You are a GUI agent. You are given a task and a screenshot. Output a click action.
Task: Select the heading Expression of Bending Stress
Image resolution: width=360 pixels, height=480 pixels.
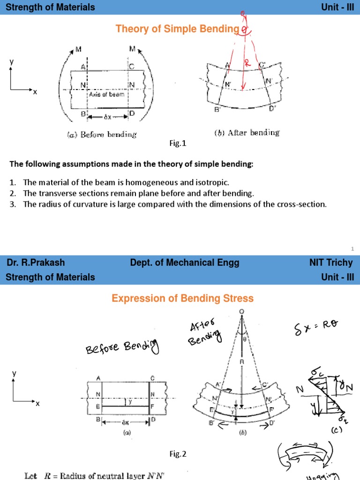coord(182,298)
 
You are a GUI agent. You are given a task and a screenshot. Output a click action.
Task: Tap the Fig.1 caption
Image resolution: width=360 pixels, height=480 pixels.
coord(178,144)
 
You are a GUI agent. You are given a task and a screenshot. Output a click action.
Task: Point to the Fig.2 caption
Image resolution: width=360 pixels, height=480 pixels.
coord(178,453)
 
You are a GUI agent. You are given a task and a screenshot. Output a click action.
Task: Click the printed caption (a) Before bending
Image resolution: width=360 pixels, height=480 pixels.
coord(102,135)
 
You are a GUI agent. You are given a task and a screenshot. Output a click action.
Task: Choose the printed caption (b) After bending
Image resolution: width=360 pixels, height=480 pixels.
coord(247,133)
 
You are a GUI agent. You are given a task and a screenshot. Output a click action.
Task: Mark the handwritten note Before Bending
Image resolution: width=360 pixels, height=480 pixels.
coord(122,347)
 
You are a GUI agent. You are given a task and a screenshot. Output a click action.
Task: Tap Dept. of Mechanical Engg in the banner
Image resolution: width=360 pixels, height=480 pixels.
coord(185,262)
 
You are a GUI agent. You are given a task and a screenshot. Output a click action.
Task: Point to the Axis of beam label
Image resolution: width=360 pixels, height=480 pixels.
coord(106,95)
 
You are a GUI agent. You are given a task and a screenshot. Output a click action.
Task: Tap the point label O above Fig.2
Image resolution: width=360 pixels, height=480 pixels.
coord(241,312)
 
